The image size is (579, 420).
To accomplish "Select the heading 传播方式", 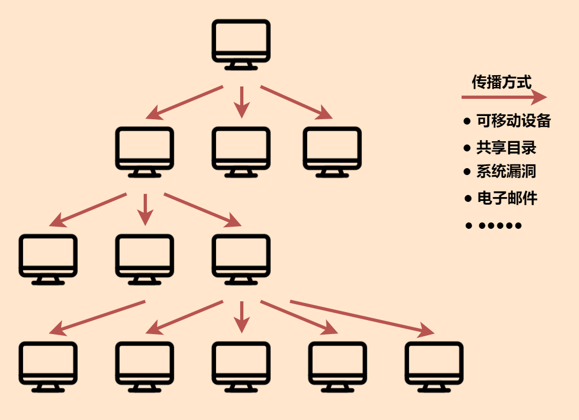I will [501, 82].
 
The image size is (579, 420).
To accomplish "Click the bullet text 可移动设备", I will [514, 120].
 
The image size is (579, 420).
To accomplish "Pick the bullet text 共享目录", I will [506, 147].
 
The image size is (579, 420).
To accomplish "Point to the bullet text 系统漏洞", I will [506, 171].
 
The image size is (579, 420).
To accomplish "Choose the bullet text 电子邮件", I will [507, 198].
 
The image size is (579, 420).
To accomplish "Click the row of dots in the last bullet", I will [500, 226].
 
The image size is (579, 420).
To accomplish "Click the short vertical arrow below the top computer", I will [242, 102].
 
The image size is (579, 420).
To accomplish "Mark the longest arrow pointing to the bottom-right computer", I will [362, 317].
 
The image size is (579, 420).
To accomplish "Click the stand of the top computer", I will [241, 66].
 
